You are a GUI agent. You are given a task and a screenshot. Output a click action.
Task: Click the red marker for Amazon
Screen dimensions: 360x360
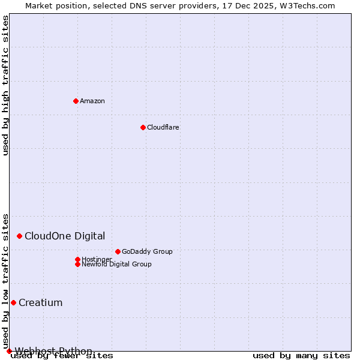click(76, 101)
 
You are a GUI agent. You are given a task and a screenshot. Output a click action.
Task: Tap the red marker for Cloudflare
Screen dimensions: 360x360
click(143, 127)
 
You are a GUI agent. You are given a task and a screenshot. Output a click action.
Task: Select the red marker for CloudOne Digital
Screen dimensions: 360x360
click(19, 236)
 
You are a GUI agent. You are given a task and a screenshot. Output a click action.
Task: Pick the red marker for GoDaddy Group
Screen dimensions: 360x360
click(118, 252)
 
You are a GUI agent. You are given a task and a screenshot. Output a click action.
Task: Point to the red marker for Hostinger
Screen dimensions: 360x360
click(77, 259)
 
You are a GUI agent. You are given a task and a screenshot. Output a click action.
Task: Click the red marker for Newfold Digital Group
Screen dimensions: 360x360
click(77, 264)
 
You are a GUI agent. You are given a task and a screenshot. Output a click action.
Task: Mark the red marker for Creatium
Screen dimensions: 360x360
click(13, 302)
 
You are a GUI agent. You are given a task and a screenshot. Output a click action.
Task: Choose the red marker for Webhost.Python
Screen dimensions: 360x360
click(9, 351)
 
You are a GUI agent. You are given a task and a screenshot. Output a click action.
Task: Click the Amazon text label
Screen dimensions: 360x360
click(92, 101)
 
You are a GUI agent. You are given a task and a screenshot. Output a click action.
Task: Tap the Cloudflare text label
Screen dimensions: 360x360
click(163, 127)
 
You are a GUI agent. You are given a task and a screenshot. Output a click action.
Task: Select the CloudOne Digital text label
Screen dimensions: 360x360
click(65, 236)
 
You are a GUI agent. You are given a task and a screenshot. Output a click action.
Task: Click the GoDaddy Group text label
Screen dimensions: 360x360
click(147, 252)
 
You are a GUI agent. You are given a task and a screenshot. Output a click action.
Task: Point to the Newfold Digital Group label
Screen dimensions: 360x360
click(116, 265)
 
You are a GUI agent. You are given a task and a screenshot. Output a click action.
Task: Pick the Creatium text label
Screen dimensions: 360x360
click(40, 302)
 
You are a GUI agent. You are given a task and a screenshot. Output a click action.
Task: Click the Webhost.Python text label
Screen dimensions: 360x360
click(53, 351)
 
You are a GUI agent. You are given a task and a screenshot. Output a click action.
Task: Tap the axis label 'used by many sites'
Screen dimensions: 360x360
click(301, 356)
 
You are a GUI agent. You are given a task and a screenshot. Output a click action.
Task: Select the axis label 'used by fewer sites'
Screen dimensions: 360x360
click(62, 356)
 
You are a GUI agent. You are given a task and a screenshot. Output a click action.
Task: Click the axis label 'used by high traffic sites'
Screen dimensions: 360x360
click(6, 85)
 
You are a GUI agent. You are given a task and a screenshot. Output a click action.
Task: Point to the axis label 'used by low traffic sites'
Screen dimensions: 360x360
click(6, 281)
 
